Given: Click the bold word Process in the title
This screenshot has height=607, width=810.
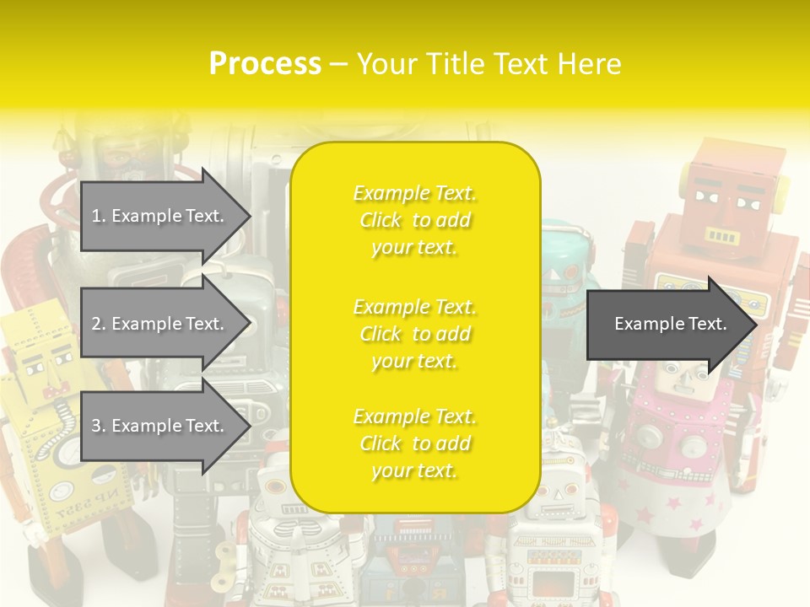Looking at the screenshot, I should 265,63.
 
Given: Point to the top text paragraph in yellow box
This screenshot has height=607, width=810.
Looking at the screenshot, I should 415,220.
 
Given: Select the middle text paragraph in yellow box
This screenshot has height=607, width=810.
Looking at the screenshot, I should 415,334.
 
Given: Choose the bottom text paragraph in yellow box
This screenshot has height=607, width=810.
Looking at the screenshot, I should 415,443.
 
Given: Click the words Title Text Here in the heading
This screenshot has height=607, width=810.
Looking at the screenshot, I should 489,63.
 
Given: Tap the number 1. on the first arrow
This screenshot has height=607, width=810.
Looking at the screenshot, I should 99,216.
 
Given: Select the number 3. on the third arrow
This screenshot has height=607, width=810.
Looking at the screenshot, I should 99,426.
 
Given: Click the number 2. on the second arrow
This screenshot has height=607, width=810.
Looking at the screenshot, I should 99,324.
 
